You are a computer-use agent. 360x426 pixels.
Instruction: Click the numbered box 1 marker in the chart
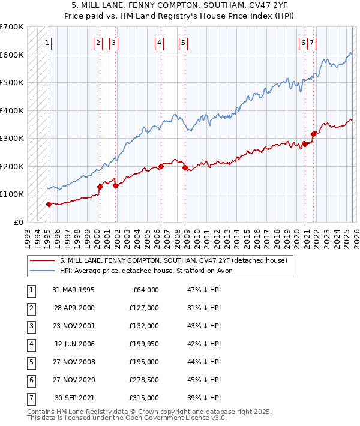tap(47, 43)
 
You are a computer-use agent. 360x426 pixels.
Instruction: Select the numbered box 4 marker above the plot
tap(158, 43)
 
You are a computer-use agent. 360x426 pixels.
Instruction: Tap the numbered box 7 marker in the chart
tap(313, 43)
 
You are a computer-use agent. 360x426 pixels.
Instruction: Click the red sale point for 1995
tap(49, 204)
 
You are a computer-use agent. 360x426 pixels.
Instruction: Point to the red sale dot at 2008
tap(185, 167)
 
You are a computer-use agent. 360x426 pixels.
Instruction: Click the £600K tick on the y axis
tap(11, 55)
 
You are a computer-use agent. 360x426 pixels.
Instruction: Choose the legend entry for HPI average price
tap(149, 271)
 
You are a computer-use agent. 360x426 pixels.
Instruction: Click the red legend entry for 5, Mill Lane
tap(173, 260)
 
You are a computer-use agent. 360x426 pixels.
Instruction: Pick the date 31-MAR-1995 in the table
tap(73, 290)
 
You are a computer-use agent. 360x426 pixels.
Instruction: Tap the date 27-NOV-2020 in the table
tap(73, 380)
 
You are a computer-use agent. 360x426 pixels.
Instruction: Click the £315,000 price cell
tap(144, 398)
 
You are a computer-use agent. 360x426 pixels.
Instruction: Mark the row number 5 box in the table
tap(31, 362)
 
